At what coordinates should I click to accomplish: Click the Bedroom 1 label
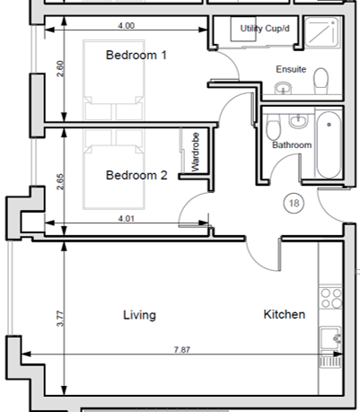tap(136, 55)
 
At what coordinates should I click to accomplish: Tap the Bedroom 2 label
tap(136, 175)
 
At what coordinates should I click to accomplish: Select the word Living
tap(139, 315)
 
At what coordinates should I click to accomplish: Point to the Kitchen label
tap(285, 314)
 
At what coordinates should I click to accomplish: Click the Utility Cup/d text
tap(265, 29)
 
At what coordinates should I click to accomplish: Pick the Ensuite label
tap(291, 69)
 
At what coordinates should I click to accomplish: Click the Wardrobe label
tap(195, 152)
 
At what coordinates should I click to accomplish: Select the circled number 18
tap(294, 204)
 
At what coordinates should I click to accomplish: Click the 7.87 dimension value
tap(182, 349)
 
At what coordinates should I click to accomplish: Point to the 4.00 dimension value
tap(126, 26)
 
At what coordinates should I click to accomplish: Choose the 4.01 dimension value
tap(126, 219)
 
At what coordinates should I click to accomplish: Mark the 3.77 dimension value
tap(60, 319)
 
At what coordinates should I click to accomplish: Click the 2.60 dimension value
tap(60, 69)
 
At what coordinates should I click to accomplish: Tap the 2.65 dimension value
tap(60, 181)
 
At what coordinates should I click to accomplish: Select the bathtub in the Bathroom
tap(329, 145)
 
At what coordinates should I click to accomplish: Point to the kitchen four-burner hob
tap(330, 298)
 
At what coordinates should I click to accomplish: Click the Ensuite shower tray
tap(322, 31)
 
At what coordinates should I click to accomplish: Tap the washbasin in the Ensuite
tap(283, 88)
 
